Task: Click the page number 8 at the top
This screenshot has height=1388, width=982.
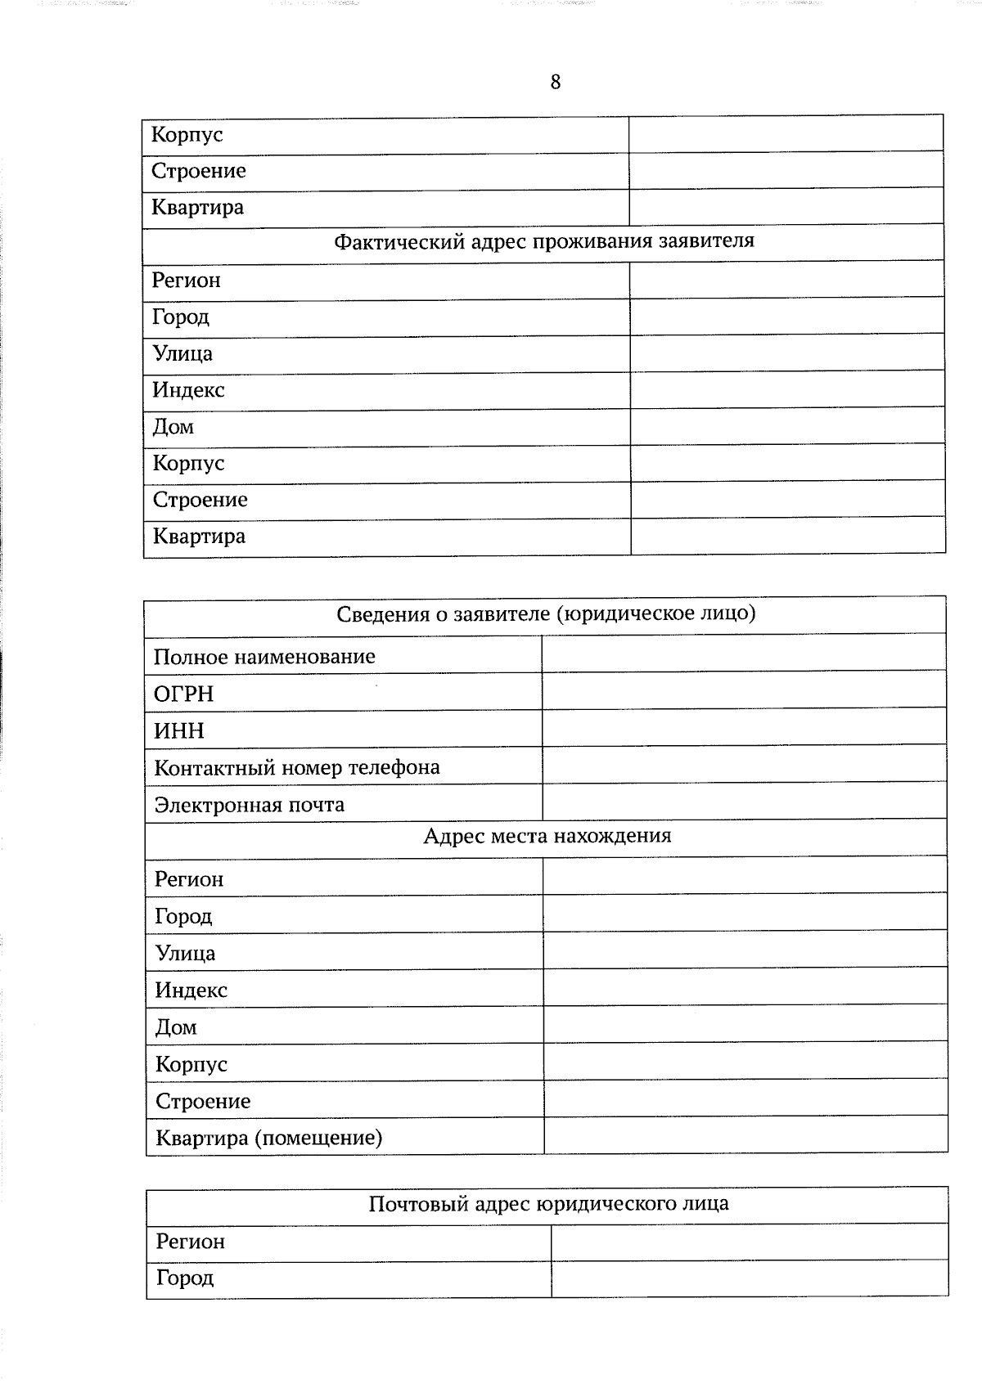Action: pyautogui.click(x=556, y=82)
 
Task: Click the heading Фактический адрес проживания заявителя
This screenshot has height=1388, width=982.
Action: pyautogui.click(x=544, y=241)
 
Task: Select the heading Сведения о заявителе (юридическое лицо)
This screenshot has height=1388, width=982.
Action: pyautogui.click(x=546, y=613)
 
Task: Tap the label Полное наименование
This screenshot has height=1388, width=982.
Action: pyautogui.click(x=264, y=657)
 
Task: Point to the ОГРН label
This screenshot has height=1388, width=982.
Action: pyautogui.click(x=184, y=694)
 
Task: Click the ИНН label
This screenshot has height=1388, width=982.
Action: pyautogui.click(x=179, y=730)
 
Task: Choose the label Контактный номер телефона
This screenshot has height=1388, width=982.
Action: pyautogui.click(x=297, y=767)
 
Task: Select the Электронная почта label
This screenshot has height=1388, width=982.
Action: pyautogui.click(x=250, y=805)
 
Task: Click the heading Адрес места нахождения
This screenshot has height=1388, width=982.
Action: pyautogui.click(x=547, y=836)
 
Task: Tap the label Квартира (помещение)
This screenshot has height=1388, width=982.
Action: pyautogui.click(x=269, y=1138)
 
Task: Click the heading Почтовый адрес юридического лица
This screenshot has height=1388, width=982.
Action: pyautogui.click(x=548, y=1204)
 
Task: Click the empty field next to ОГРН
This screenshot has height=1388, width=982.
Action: pyautogui.click(x=744, y=692)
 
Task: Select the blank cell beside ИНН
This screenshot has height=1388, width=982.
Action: pyautogui.click(x=744, y=728)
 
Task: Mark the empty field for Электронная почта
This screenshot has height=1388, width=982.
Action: pyautogui.click(x=745, y=802)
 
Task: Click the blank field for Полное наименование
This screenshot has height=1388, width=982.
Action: pyautogui.click(x=744, y=654)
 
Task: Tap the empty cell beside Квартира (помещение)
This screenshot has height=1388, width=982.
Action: pyautogui.click(x=746, y=1136)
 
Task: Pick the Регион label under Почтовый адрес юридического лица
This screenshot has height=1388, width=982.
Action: pyautogui.click(x=191, y=1242)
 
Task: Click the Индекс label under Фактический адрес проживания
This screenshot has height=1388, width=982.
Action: pyautogui.click(x=188, y=390)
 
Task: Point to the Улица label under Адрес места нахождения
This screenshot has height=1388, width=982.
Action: pyautogui.click(x=186, y=954)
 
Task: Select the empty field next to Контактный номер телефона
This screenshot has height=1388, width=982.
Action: pyautogui.click(x=744, y=765)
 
